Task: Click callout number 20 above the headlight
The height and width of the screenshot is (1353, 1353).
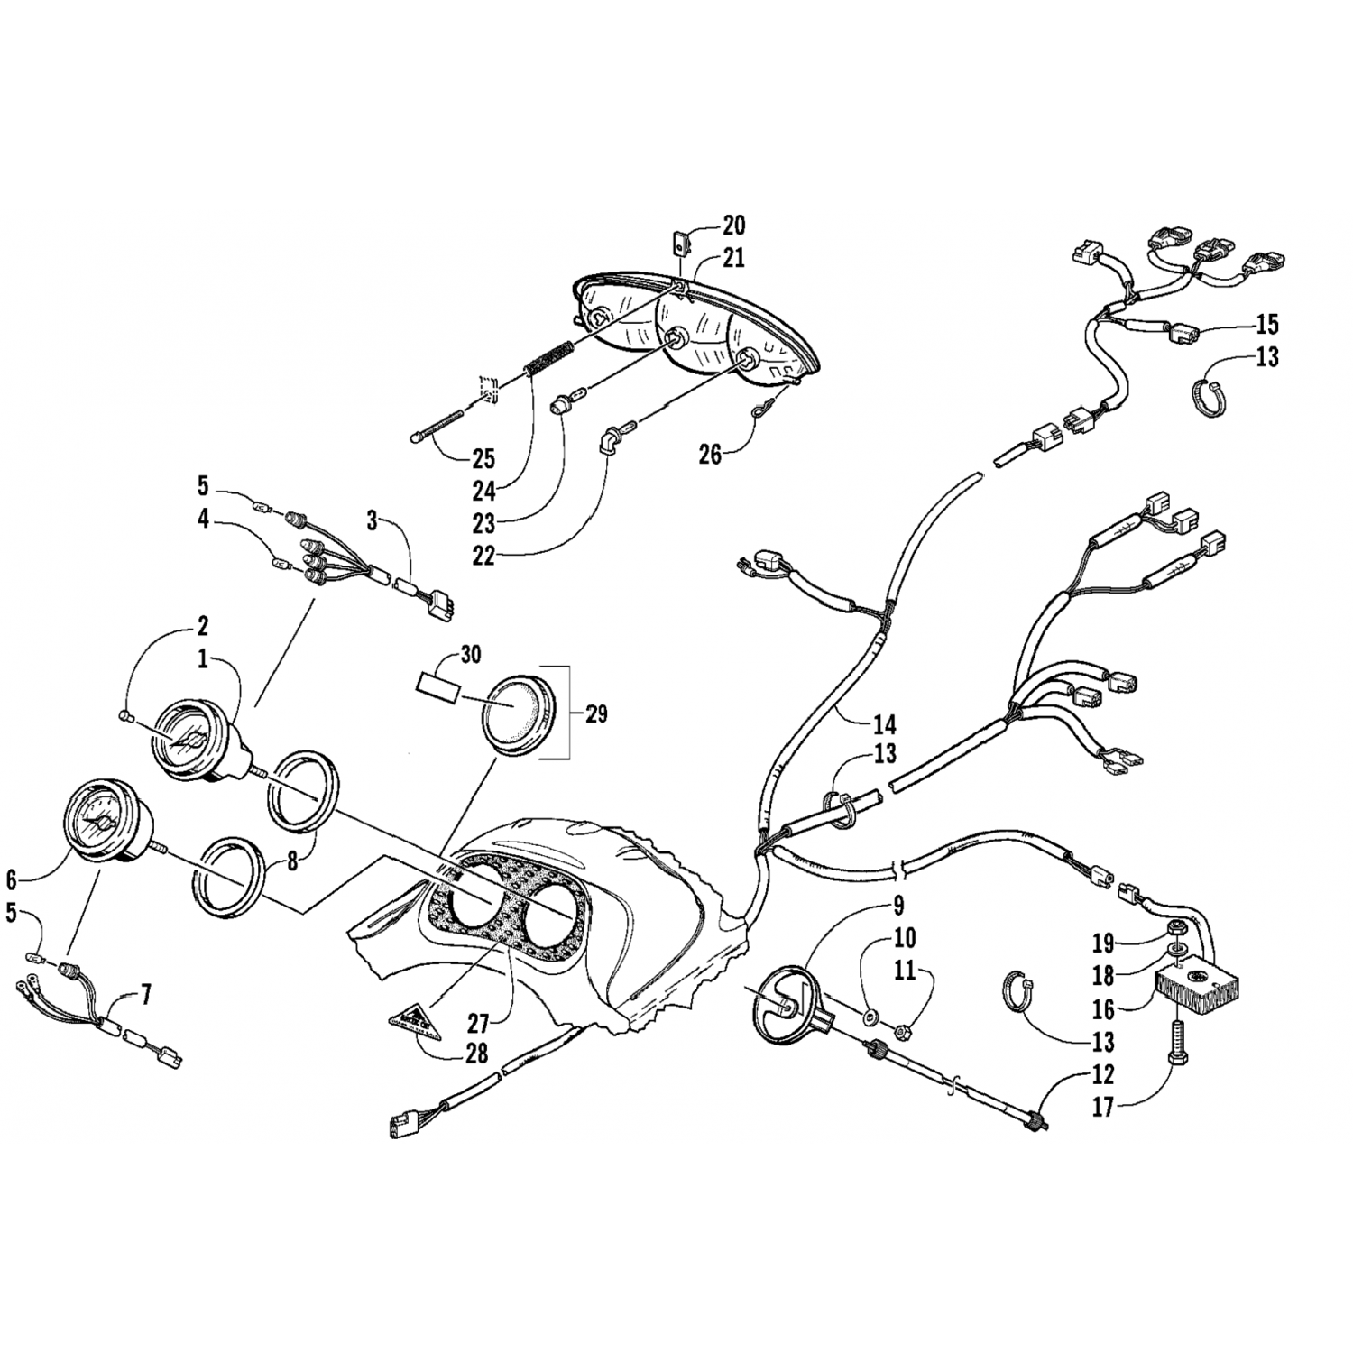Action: point(733,225)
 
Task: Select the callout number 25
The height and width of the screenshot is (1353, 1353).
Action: point(483,459)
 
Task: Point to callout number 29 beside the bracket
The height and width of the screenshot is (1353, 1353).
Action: point(595,715)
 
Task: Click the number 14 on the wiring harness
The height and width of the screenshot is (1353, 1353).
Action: point(884,724)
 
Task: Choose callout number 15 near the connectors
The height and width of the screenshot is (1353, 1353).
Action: point(1267,324)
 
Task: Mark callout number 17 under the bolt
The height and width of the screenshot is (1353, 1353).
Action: point(1103,1107)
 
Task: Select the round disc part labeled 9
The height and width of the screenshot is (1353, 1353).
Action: point(783,999)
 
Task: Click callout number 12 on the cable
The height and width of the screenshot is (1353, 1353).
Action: point(1103,1075)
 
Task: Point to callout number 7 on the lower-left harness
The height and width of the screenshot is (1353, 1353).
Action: point(145,995)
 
